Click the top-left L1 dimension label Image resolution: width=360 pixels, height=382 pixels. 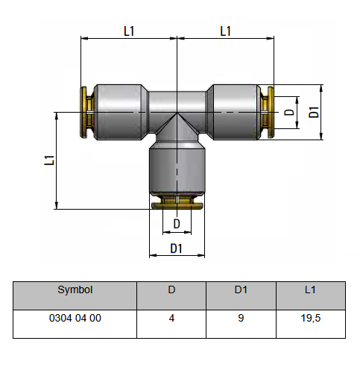coord(129,31)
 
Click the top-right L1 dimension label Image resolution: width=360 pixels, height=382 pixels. coord(226,31)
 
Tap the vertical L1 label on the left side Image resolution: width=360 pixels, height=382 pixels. coord(49,160)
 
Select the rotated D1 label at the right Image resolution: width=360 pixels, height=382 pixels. coord(314,112)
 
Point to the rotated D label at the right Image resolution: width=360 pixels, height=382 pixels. coord(289,113)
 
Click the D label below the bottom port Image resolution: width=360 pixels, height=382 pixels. coord(177,224)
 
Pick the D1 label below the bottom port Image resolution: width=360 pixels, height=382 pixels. coord(176,248)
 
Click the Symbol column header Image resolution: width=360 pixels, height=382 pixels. coord(75,289)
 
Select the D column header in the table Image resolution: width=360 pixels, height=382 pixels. coord(171,289)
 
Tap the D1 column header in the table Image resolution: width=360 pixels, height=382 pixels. coord(241,289)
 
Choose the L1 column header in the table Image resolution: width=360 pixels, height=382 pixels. coord(310,289)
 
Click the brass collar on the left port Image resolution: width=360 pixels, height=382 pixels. coord(87,112)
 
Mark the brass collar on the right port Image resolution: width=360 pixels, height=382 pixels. coord(268,112)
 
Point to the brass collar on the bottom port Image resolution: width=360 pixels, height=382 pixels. coord(177,202)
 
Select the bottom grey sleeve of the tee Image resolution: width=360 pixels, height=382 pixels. coord(177,170)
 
